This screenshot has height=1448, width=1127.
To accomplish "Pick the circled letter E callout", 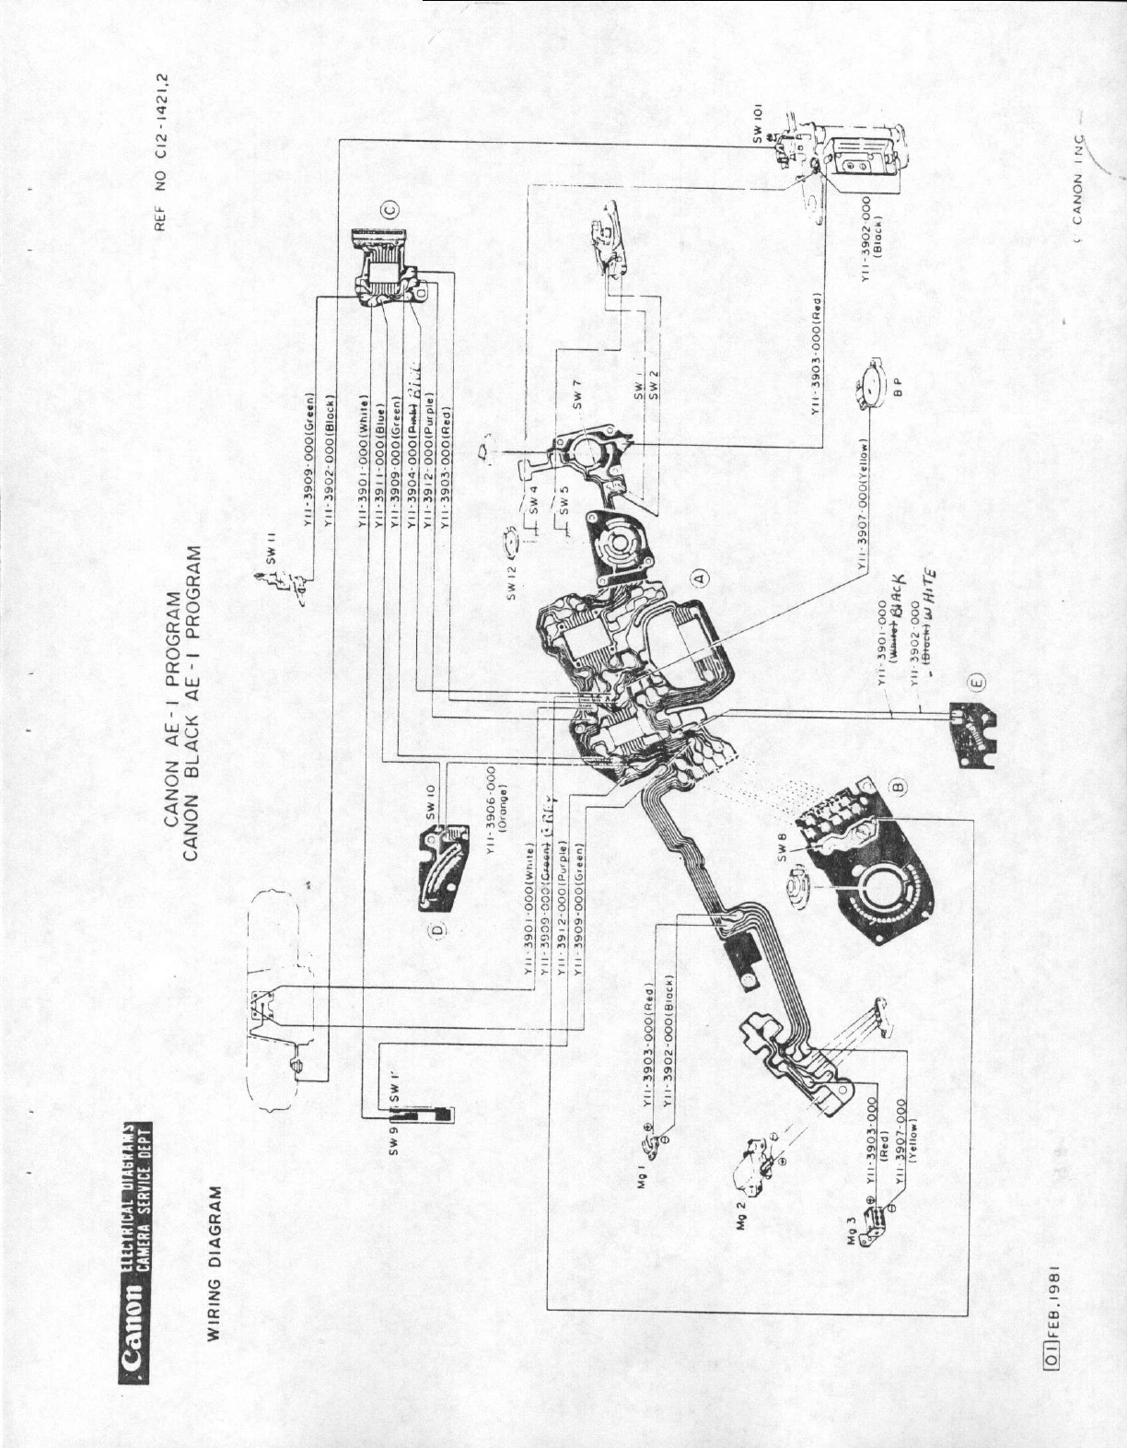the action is (x=977, y=682).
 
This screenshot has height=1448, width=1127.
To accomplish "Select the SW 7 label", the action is (x=577, y=399).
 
